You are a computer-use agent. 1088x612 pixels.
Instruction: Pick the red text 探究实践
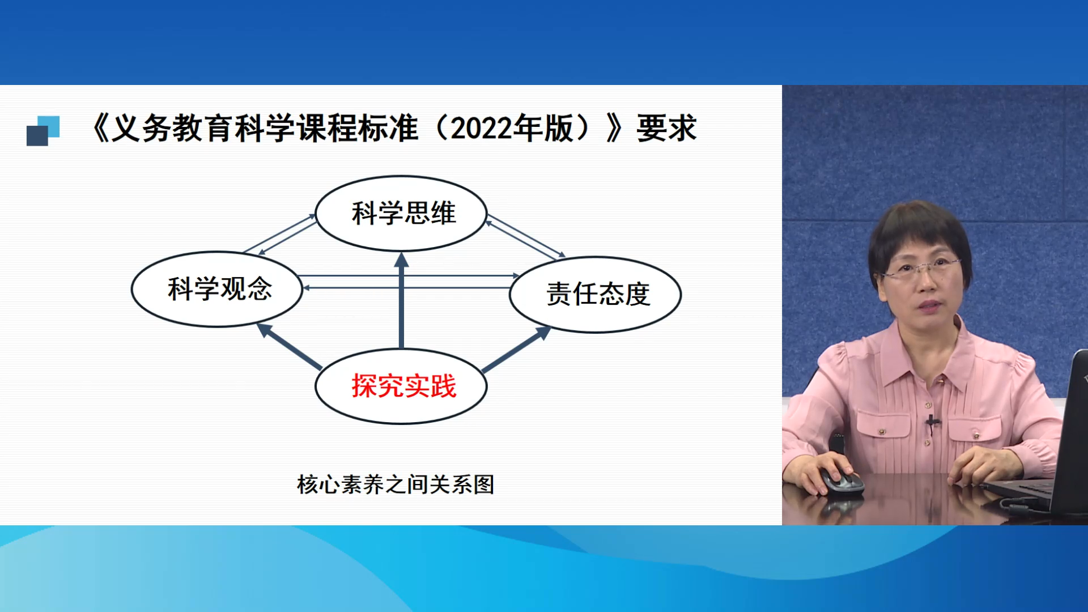click(x=404, y=386)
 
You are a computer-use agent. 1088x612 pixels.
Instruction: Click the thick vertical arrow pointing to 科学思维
click(x=401, y=300)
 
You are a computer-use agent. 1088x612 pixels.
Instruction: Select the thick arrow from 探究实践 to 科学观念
click(x=290, y=346)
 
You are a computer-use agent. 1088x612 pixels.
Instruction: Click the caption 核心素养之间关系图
click(x=396, y=484)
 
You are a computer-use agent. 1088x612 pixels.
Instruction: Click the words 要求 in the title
click(x=666, y=128)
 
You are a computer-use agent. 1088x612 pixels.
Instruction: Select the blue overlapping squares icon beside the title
click(x=43, y=131)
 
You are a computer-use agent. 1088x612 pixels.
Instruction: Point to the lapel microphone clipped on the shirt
click(x=931, y=422)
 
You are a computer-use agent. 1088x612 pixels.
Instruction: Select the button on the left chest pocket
click(x=882, y=432)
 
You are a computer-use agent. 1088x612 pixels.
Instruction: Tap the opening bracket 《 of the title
click(x=100, y=128)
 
